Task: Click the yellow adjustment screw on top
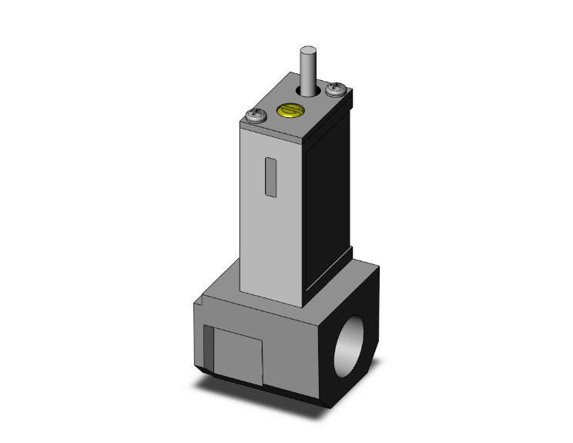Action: pyautogui.click(x=287, y=112)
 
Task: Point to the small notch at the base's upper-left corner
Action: pyautogui.click(x=197, y=307)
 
